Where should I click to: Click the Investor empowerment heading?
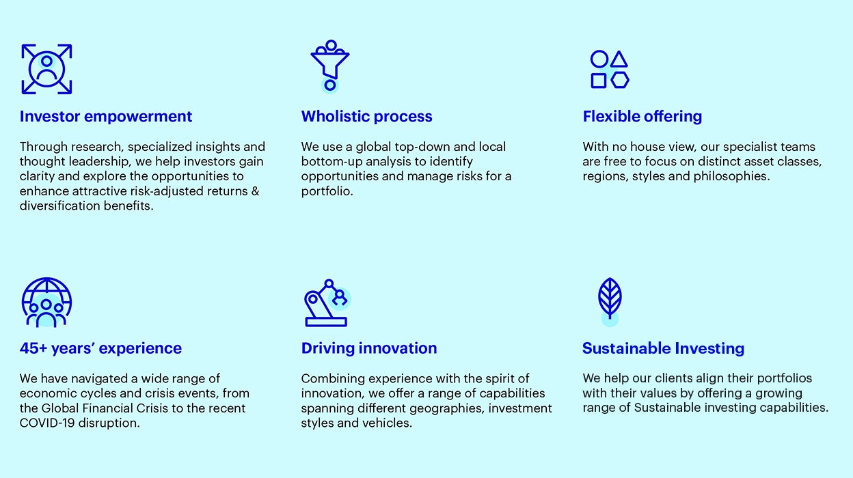[x=106, y=117]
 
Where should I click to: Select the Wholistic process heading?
[x=367, y=117]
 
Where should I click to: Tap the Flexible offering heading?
[x=642, y=117]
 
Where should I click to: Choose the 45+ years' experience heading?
[x=100, y=348]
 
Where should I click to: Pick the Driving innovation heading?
[x=369, y=348]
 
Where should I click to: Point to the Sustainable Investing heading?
[x=663, y=348]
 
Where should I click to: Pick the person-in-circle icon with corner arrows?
[x=46, y=69]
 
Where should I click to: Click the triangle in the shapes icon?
[x=619, y=59]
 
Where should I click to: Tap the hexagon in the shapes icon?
[x=620, y=81]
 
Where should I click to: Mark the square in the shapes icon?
[x=599, y=81]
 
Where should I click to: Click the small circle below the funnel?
[x=330, y=85]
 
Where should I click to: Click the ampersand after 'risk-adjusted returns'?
[x=255, y=191]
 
